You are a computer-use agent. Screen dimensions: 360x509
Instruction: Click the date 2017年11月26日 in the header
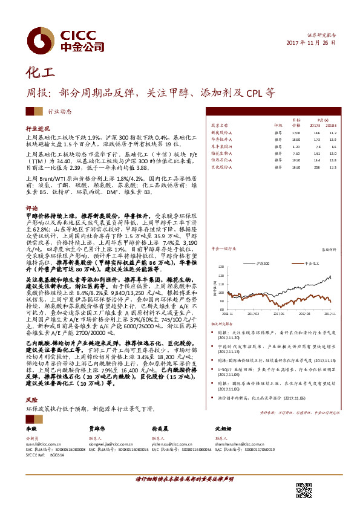point(310,44)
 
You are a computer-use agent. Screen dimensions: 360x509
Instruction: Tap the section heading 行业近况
point(37,129)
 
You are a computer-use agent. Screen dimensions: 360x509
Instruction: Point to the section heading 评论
point(31,207)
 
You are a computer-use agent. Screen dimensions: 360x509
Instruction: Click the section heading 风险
point(31,400)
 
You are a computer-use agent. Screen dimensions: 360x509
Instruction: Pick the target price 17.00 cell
point(296,132)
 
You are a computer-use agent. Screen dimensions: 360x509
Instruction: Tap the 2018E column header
point(332,125)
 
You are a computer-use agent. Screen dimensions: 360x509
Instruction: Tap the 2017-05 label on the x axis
point(280,314)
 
